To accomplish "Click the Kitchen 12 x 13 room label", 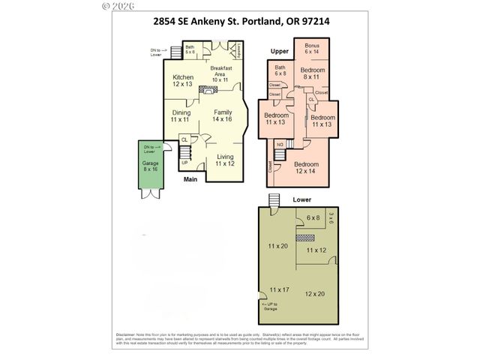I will [x=183, y=81].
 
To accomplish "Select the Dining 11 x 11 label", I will [x=180, y=116].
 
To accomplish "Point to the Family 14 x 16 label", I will [x=222, y=116].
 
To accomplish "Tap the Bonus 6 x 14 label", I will [x=312, y=49].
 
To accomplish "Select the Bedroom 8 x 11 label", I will [x=313, y=73].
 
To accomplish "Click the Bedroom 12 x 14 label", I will [x=305, y=168].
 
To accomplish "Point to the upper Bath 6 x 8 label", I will [x=280, y=70].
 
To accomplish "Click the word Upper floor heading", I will [x=280, y=51].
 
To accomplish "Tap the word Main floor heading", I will [x=192, y=179].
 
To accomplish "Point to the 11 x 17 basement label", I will [x=279, y=289].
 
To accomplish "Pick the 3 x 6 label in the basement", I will [x=331, y=222].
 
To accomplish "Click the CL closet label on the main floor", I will [x=184, y=139].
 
